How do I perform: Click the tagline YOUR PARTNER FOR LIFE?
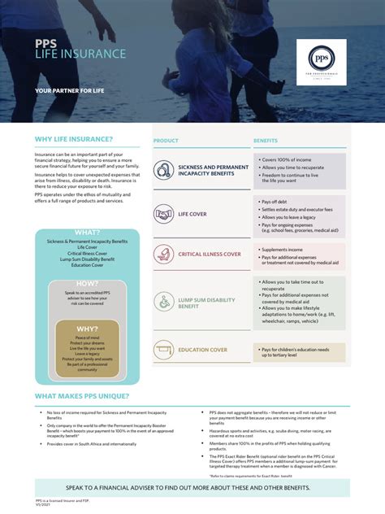click(71, 90)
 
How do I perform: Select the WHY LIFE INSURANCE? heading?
click(74, 139)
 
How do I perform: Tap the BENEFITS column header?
click(265, 141)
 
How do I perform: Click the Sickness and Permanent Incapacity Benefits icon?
click(164, 170)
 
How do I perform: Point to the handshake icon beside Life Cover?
click(164, 216)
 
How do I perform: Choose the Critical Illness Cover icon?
click(164, 255)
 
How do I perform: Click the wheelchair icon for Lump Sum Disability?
click(164, 303)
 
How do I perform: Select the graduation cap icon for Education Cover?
click(164, 350)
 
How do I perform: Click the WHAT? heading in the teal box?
click(87, 233)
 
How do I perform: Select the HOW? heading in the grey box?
click(87, 283)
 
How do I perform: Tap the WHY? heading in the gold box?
click(87, 329)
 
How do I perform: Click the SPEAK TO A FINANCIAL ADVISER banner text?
click(192, 487)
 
